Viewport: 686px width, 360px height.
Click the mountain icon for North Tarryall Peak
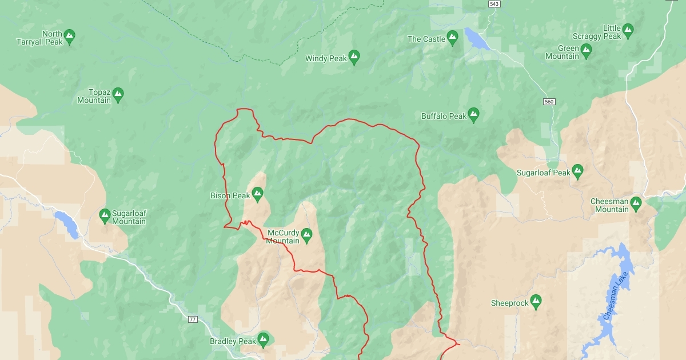[x=70, y=37]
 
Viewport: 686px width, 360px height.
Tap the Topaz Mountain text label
[x=94, y=96]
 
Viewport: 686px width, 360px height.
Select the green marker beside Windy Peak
[x=354, y=57]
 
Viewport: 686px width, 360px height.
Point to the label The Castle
[x=425, y=39]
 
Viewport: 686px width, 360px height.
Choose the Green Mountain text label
[x=562, y=53]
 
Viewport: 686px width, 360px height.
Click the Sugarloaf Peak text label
[x=543, y=173]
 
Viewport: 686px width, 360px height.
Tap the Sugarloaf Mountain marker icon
[x=105, y=215]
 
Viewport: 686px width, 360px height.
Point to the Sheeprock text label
[x=509, y=303]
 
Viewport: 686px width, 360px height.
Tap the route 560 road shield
[x=549, y=102]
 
